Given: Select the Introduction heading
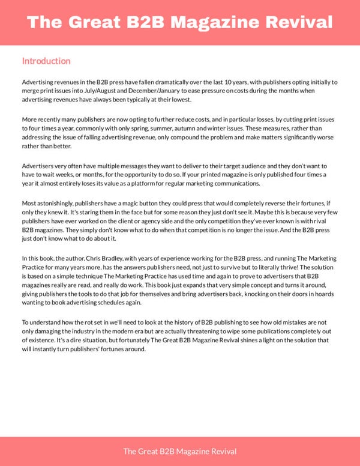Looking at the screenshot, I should click(x=46, y=61).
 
